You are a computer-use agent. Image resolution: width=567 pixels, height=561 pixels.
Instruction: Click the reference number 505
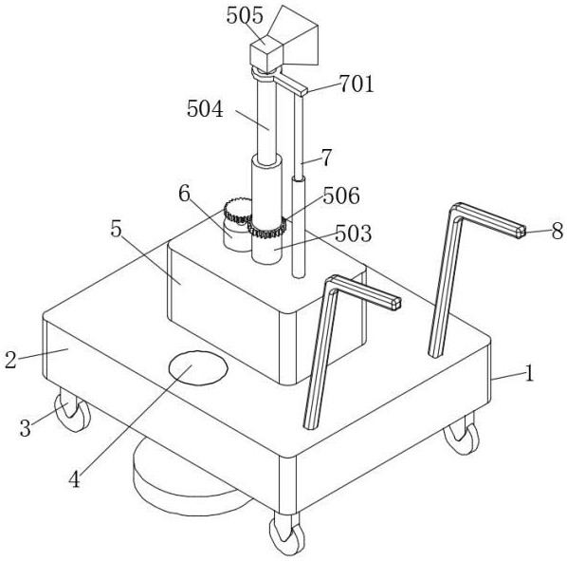point(245,15)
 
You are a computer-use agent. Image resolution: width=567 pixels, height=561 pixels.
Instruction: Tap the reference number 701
point(357,84)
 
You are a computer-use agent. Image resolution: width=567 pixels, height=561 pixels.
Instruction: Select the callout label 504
point(205,109)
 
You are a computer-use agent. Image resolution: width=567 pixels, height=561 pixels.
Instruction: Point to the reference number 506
point(341,196)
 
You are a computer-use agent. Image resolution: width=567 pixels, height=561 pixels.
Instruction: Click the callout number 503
point(354,234)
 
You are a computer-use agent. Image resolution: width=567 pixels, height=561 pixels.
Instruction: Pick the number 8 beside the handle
point(558,231)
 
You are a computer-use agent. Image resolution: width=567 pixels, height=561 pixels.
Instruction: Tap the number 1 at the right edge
point(529,373)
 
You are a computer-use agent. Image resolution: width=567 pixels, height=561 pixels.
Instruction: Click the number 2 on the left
point(10,360)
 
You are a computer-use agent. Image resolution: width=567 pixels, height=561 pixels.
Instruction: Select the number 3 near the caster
point(25,428)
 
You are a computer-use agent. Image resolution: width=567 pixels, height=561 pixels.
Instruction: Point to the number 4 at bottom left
point(74,480)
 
